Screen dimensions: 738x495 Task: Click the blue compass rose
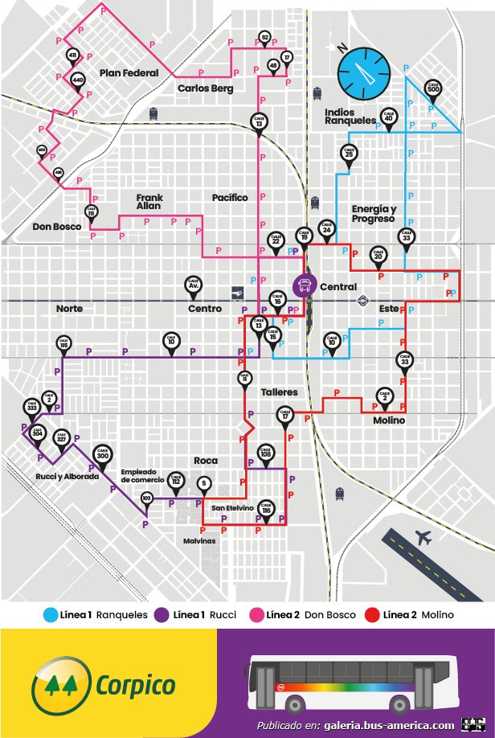(366, 71)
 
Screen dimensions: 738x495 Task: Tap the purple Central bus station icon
(305, 285)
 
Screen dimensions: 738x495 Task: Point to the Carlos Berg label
(205, 88)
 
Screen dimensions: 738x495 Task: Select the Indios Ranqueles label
(350, 116)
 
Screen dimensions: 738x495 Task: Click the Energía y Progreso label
(373, 214)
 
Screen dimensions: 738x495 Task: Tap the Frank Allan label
(149, 202)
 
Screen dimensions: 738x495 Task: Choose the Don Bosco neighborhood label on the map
(57, 227)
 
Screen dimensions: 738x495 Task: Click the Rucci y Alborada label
(67, 477)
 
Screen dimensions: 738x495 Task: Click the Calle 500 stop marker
(433, 86)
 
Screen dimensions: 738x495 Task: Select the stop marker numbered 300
(102, 453)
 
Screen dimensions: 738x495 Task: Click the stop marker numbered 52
(265, 37)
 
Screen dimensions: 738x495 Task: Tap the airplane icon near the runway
(422, 536)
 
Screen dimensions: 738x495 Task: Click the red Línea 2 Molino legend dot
(372, 615)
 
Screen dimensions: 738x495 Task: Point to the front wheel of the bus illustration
(297, 704)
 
